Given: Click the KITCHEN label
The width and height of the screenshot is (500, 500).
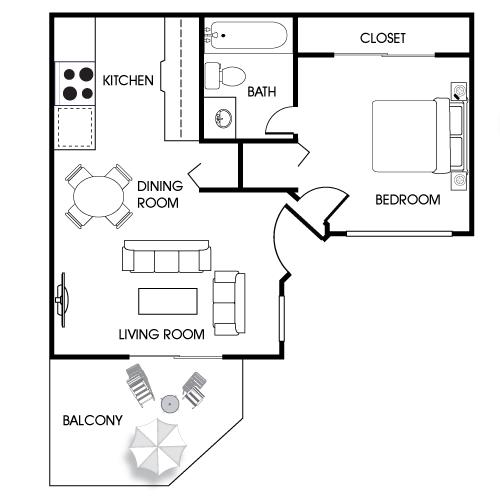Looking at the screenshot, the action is tap(128, 80).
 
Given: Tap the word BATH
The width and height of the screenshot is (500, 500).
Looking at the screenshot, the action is tap(262, 91).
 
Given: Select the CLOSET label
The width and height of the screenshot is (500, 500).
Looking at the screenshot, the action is tap(383, 38).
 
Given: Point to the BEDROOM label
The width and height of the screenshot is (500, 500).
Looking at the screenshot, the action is tap(408, 200).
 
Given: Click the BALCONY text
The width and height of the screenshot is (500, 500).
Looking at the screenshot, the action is tap(93, 420).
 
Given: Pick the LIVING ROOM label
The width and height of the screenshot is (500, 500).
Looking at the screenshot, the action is tap(162, 334).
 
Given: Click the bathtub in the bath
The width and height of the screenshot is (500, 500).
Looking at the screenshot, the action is tap(246, 35).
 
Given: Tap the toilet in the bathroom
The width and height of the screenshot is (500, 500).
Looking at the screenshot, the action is tap(225, 76).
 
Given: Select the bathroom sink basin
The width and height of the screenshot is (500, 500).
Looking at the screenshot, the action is tap(223, 118).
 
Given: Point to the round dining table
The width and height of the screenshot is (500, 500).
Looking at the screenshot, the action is tap(99, 196).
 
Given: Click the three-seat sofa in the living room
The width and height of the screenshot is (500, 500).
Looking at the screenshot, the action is tap(167, 256).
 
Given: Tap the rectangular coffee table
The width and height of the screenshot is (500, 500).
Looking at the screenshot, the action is tap(168, 301).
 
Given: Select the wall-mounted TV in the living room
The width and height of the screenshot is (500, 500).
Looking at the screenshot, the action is tap(62, 300).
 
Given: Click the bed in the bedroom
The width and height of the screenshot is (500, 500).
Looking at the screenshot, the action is tap(418, 136).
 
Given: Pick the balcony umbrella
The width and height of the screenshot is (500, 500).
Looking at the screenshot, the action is tap(158, 447).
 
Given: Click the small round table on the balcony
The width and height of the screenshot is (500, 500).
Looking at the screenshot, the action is tap(170, 404).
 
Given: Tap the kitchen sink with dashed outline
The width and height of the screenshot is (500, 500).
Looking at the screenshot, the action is tap(75, 127).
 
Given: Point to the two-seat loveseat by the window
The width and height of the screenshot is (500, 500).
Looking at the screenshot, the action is tap(229, 303).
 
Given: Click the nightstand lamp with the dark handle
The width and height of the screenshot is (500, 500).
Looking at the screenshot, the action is tap(459, 91).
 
